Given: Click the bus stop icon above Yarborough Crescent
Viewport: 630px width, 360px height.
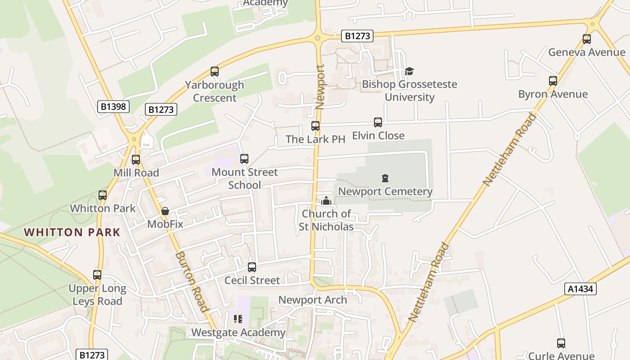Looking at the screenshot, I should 215,72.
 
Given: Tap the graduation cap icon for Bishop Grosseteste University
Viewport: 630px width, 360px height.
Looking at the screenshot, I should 409,71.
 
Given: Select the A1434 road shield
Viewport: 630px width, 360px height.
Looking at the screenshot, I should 580,289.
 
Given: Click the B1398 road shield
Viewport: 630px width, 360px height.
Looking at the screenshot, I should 113,107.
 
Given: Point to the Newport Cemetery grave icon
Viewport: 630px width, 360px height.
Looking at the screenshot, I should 385,179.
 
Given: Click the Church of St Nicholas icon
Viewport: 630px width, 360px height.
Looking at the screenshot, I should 326,201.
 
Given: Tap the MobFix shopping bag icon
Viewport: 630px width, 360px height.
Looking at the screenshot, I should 165,211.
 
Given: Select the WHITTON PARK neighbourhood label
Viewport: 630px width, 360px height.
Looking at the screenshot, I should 72,232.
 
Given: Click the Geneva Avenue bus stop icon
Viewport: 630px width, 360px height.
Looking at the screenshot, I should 586,39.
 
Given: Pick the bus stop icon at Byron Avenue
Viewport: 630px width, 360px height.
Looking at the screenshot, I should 553,81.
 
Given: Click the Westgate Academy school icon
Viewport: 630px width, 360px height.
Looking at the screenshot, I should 238,319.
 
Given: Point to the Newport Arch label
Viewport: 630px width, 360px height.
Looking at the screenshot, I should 313,300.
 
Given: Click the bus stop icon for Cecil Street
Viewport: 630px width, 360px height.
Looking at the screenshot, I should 252,267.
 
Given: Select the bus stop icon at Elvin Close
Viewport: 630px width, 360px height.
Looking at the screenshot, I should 378,122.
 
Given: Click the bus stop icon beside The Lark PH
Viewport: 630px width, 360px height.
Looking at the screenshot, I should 315,126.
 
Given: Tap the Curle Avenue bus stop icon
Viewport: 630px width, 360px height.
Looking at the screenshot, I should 561,343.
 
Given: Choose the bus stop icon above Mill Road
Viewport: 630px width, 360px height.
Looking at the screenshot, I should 136,160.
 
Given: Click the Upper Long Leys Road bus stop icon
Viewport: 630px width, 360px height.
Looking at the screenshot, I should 97,275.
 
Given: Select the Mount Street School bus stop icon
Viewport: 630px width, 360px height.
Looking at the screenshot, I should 244,159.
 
